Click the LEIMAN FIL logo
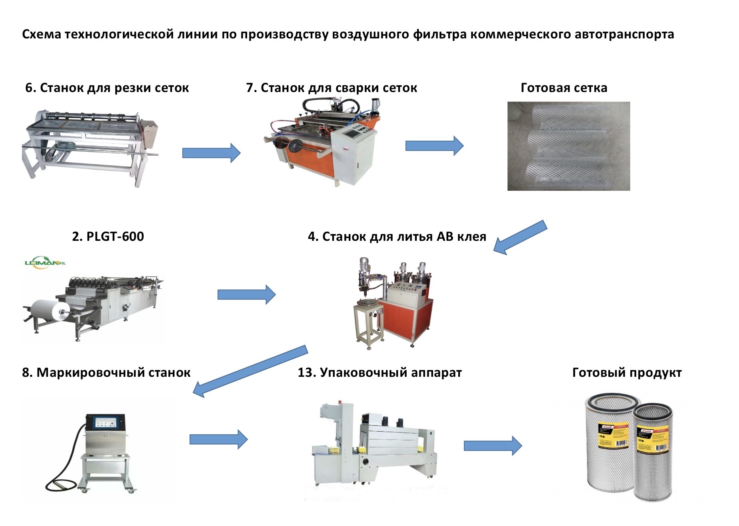[45, 263]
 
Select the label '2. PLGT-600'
[108, 236]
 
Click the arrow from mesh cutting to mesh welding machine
[211, 153]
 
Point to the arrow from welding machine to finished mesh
[434, 146]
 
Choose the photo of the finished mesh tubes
[568, 146]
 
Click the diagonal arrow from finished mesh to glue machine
[520, 238]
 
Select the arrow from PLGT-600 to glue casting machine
[246, 295]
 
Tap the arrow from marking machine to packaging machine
[218, 439]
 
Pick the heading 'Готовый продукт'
[627, 373]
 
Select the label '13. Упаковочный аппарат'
[379, 373]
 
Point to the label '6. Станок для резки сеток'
[107, 88]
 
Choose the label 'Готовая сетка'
[564, 88]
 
